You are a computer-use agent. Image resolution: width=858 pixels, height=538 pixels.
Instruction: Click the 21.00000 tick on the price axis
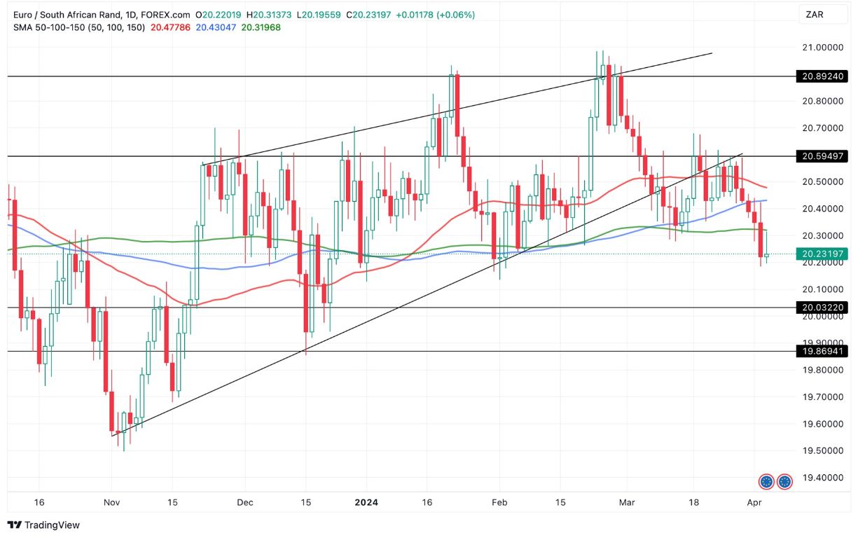818,47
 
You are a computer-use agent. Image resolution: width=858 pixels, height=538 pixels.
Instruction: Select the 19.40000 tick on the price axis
818,477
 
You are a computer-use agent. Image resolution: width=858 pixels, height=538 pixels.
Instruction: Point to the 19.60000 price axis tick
818,424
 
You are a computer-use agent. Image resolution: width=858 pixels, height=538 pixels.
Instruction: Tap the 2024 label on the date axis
366,502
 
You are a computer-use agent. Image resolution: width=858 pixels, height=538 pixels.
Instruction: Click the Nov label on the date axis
112,502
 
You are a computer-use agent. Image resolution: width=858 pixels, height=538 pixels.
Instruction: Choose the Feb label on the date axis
499,502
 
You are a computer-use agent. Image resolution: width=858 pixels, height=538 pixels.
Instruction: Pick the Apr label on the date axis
754,502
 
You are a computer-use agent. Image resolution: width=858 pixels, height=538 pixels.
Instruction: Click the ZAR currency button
815,14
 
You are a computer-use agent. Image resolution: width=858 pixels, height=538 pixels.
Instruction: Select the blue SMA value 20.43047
216,27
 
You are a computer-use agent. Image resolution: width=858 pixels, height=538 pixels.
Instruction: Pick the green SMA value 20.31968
261,27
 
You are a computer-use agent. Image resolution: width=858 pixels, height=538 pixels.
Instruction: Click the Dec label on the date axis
244,502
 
